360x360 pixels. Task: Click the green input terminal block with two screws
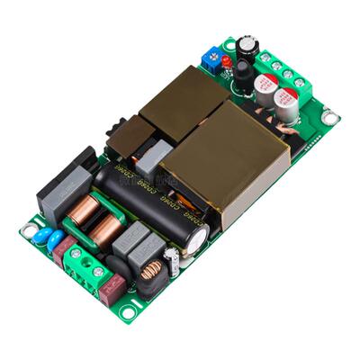[x=89, y=261]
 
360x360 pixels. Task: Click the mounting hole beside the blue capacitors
[x=29, y=229]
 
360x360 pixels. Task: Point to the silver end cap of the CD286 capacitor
[x=201, y=238]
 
